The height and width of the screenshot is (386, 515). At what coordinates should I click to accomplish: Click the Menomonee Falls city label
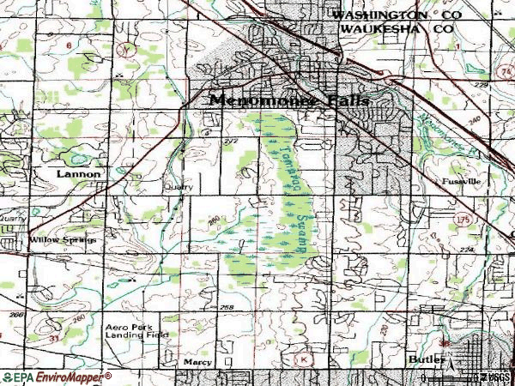289,100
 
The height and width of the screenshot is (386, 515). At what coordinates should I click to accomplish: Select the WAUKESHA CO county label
394,28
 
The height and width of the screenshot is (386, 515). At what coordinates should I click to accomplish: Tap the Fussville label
462,183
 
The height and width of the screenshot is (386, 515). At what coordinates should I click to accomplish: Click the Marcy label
197,363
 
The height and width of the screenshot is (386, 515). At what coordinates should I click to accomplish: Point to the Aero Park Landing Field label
127,332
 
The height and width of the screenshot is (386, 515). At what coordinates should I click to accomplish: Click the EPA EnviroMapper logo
56,377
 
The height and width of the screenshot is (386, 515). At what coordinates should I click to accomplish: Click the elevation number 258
227,307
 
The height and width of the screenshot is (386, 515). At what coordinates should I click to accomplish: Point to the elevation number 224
466,250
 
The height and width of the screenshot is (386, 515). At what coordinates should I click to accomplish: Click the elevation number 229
478,87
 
